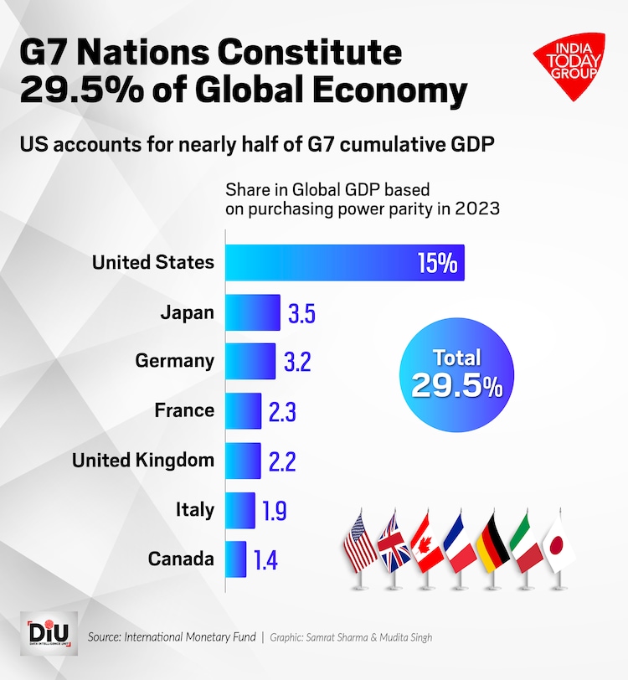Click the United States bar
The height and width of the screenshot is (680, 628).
coord(343,263)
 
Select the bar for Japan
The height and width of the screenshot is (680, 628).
coord(253,312)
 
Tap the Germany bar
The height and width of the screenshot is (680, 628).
coord(250,362)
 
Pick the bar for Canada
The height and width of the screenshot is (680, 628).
coord(236,559)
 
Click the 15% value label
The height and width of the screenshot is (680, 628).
coord(437,264)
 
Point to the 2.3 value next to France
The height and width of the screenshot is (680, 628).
coord(281,411)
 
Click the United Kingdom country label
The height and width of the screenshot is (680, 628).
coord(143,461)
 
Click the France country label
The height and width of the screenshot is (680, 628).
coord(184,411)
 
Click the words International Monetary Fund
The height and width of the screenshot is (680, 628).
coord(189,637)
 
